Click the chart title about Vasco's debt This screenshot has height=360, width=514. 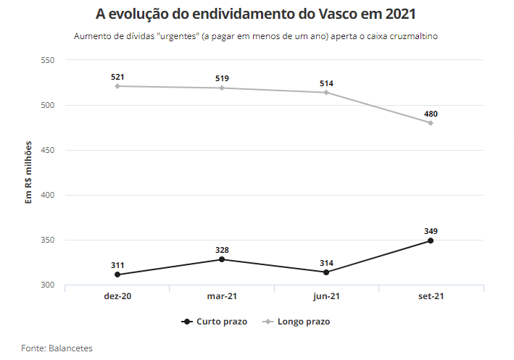[x=257, y=14]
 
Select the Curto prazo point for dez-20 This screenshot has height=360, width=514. [x=117, y=275]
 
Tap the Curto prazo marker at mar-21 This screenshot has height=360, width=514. [x=221, y=259]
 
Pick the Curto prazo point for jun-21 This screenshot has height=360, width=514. [x=326, y=272]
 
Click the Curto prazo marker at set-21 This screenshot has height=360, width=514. [x=431, y=240]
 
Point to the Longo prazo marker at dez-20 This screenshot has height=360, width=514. [x=117, y=86]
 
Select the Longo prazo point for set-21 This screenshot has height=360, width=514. [x=431, y=123]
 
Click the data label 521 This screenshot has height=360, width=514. [x=117, y=76]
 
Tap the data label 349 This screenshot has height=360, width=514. [x=431, y=231]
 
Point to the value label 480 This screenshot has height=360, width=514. [x=431, y=114]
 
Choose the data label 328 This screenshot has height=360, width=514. [x=221, y=250]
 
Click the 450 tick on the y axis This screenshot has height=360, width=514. [x=48, y=151]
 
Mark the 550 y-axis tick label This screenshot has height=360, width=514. [x=48, y=60]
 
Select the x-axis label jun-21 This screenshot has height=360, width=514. [x=326, y=296]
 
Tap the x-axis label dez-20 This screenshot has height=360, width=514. [x=117, y=296]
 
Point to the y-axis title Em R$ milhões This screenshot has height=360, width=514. [x=29, y=173]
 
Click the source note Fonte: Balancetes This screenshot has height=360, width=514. [x=57, y=348]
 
